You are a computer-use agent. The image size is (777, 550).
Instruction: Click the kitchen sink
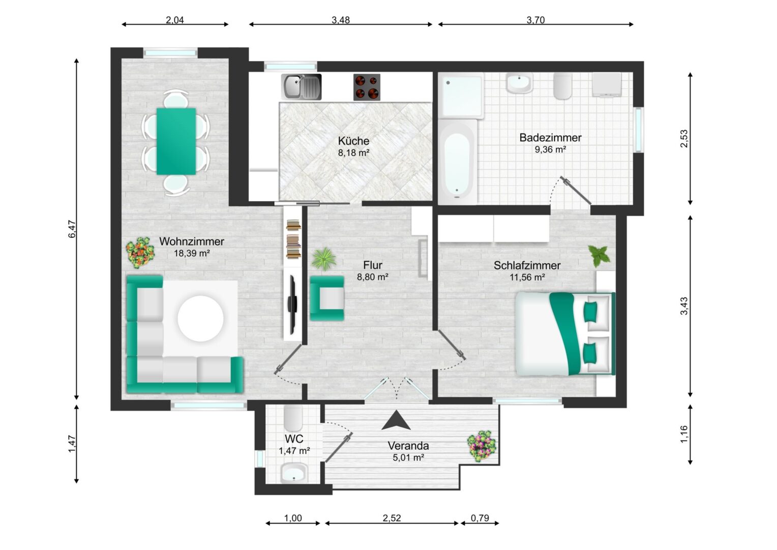[301, 87]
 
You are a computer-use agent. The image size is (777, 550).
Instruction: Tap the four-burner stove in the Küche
[367, 87]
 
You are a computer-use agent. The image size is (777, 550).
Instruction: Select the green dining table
[176, 142]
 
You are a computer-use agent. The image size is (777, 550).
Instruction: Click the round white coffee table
[200, 318]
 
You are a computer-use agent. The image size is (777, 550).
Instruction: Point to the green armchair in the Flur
[327, 298]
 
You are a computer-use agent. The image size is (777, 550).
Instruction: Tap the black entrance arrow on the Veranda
[396, 421]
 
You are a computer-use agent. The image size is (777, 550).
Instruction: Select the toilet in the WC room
[293, 418]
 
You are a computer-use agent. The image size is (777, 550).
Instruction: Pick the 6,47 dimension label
[72, 229]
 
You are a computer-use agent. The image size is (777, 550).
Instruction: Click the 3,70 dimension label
[535, 20]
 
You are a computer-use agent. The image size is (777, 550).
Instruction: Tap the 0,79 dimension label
[480, 518]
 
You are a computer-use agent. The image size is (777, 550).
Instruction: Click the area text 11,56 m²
[527, 277]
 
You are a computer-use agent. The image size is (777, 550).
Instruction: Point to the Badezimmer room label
[550, 137]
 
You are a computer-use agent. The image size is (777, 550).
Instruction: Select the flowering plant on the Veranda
[482, 447]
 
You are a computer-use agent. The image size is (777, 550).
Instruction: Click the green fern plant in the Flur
[324, 259]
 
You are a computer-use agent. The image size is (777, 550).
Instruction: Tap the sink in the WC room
[294, 473]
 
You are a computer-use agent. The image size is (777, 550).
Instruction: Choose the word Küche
[353, 141]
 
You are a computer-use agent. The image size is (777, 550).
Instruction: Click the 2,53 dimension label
[684, 139]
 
